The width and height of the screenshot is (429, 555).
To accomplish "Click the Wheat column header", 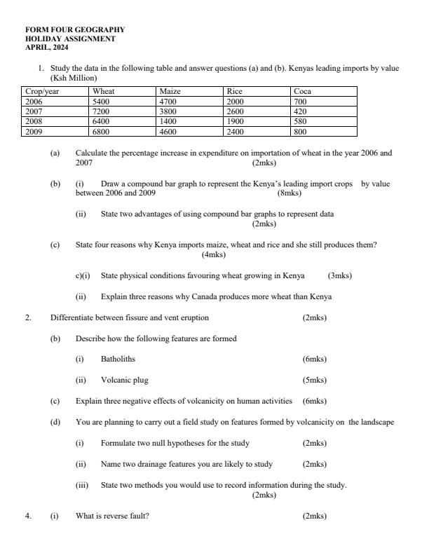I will [x=103, y=92].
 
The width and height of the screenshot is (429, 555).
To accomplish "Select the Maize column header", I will [x=170, y=92].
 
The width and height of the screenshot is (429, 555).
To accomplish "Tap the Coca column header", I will [x=302, y=92].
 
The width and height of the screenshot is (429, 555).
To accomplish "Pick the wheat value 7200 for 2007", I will [x=102, y=111].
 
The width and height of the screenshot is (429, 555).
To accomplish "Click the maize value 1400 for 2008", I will [x=169, y=121].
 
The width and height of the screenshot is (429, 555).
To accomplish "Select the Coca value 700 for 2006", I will [x=300, y=102].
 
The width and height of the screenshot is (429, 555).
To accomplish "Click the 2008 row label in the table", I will [x=34, y=121].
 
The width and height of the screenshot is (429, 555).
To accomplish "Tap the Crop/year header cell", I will [x=41, y=92].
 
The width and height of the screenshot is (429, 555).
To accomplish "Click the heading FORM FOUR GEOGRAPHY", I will [x=75, y=30].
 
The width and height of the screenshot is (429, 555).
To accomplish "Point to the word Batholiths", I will [x=118, y=359].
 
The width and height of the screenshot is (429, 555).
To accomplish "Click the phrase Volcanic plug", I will [x=124, y=381].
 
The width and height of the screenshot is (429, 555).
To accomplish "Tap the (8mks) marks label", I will [x=290, y=193].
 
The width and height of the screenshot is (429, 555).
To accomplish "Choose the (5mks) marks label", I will [x=314, y=381].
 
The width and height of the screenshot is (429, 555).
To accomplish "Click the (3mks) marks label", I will [x=340, y=276].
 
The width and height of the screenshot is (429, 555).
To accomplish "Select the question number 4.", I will [x=28, y=516].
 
